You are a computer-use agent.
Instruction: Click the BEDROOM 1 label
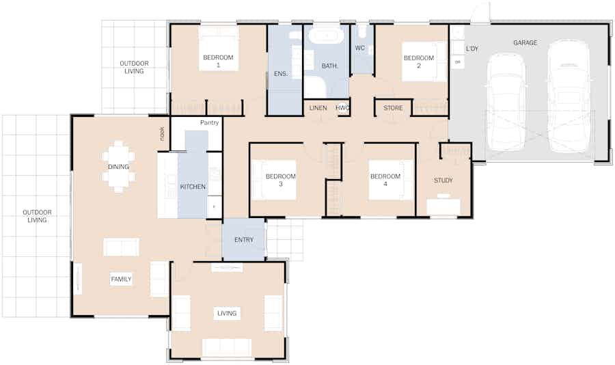[218, 62]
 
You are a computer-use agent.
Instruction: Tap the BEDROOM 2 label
[419, 62]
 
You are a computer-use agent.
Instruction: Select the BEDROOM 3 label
[281, 180]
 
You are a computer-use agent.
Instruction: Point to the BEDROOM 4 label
[385, 180]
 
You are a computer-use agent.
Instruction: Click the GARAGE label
[525, 43]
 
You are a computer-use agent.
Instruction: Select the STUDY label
[443, 181]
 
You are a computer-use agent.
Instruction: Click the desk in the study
[443, 206]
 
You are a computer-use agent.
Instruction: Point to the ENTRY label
[244, 240]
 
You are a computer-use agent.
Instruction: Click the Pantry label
[209, 123]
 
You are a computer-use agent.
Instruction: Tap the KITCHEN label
[193, 187]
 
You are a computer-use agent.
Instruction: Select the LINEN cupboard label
[318, 108]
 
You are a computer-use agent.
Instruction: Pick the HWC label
[342, 108]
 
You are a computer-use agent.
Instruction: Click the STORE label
[393, 108]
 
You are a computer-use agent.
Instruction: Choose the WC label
[360, 48]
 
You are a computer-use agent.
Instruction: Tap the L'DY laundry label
[471, 49]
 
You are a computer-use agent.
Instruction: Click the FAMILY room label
[121, 279]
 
